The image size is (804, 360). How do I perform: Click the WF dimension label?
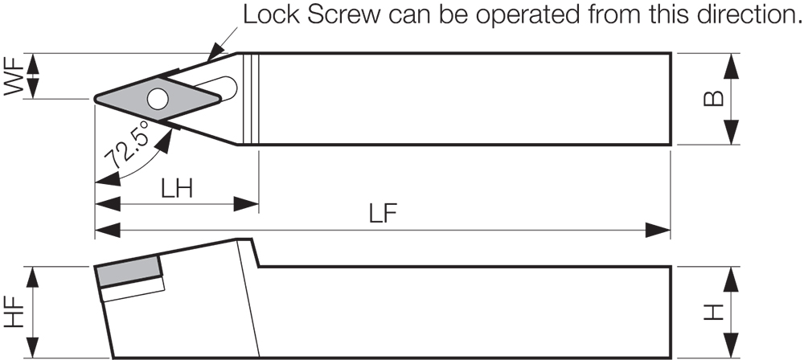[x=13, y=76]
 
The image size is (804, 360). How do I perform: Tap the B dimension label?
[x=713, y=99]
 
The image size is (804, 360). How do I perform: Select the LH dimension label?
[x=176, y=190]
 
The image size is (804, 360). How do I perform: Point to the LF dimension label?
[x=384, y=215]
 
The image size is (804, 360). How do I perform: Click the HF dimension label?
[x=13, y=313]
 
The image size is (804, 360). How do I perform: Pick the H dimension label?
[x=713, y=313]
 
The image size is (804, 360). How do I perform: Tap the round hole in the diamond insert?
[x=158, y=99]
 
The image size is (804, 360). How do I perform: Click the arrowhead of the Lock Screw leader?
[x=215, y=53]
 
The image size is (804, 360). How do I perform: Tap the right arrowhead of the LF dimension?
[x=658, y=231]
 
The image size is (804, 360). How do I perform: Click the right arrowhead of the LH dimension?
[x=245, y=204]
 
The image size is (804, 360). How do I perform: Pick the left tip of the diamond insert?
[x=96, y=99]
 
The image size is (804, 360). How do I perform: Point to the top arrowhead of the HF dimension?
[x=32, y=280]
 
